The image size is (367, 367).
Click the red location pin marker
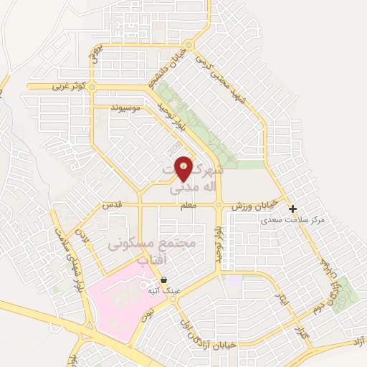(184, 167)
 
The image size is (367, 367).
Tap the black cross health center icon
(292, 209)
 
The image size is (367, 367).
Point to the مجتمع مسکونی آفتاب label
(152, 252)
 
